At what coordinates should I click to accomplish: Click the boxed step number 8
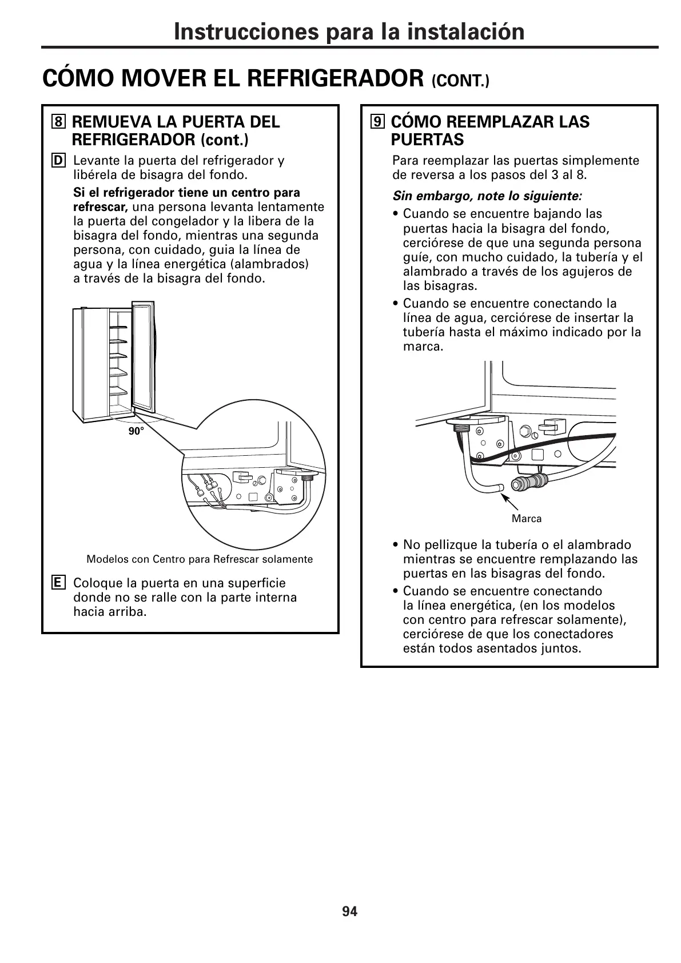(x=58, y=122)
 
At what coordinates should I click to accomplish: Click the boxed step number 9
(x=377, y=122)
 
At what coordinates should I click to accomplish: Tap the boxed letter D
(x=58, y=161)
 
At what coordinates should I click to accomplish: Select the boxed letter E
(x=58, y=583)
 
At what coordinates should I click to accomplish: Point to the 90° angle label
(x=136, y=432)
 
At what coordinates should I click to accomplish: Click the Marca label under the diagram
(x=526, y=519)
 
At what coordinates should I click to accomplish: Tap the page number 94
(x=349, y=912)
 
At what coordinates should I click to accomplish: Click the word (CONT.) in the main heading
(x=461, y=81)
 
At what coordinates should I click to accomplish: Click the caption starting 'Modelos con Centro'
(x=200, y=559)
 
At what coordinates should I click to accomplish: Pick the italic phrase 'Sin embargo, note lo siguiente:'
(x=487, y=196)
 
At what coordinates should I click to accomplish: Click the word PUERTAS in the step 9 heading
(x=427, y=140)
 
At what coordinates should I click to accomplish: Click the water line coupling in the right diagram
(x=529, y=481)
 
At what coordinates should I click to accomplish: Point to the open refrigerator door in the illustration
(x=143, y=357)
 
